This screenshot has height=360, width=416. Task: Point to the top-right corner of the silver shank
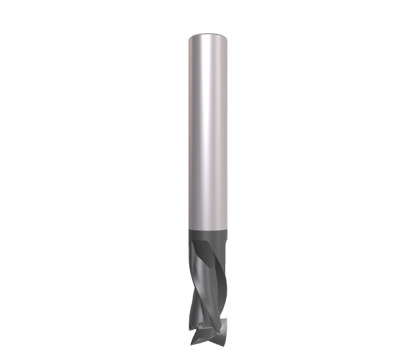click(x=227, y=36)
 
